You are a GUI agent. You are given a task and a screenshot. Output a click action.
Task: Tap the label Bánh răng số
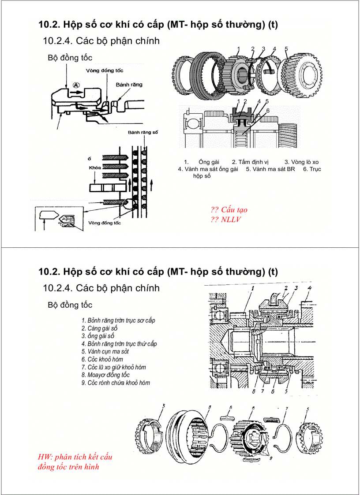click(142, 132)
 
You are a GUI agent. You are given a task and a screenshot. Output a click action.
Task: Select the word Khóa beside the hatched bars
click(94, 168)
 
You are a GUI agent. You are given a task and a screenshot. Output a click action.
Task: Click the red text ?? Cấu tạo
click(229, 210)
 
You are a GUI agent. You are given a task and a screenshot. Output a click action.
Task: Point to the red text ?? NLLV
click(226, 219)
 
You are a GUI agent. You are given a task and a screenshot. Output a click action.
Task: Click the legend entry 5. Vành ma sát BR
click(270, 169)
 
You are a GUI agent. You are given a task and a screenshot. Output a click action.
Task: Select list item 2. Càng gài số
click(99, 328)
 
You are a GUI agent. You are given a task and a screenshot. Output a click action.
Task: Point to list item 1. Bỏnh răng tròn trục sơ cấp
click(118, 320)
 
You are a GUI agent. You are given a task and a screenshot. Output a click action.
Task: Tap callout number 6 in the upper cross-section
click(267, 110)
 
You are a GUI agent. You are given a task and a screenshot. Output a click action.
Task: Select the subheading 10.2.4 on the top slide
click(101, 41)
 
